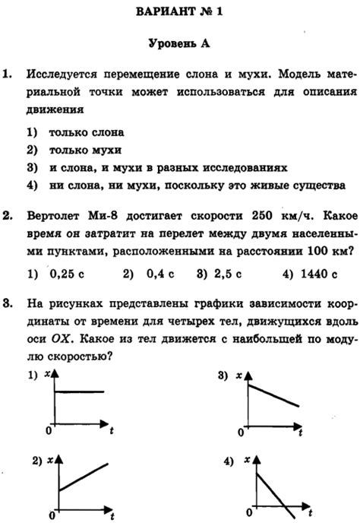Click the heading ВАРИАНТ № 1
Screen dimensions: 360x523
pyautogui.click(x=181, y=13)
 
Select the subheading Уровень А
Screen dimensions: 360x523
pyautogui.click(x=179, y=43)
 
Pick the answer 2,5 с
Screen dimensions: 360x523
pyautogui.click(x=226, y=273)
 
